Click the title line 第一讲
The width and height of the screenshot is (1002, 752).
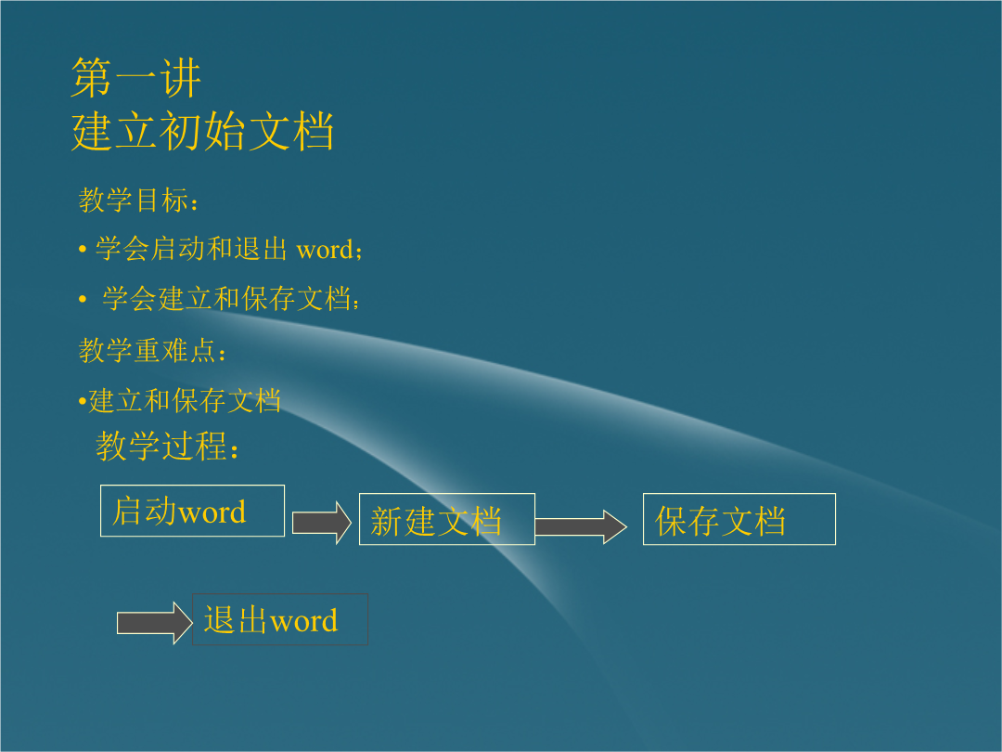136,78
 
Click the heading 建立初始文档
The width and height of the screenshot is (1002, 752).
202,131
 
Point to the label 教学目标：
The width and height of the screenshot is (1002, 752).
138,201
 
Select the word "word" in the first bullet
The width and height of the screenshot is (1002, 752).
325,250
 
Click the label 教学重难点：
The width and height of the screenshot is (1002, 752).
152,350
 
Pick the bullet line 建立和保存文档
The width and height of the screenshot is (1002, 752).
184,400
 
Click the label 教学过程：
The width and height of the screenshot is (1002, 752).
167,446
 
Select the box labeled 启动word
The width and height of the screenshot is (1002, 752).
192,511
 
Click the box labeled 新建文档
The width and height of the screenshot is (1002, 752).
446,519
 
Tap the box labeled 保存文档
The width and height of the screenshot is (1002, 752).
739,519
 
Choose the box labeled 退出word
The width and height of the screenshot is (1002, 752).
280,619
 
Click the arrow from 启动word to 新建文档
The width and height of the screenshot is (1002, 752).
321,523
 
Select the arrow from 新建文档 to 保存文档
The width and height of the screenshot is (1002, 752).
580,527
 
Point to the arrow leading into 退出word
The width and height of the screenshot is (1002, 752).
154,623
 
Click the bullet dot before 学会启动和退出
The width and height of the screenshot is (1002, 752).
83,249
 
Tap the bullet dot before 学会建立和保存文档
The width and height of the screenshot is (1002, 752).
83,299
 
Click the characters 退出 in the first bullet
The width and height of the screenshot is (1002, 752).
261,249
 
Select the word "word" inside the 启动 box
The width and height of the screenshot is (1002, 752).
212,512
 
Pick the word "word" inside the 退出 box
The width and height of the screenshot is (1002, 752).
303,621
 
